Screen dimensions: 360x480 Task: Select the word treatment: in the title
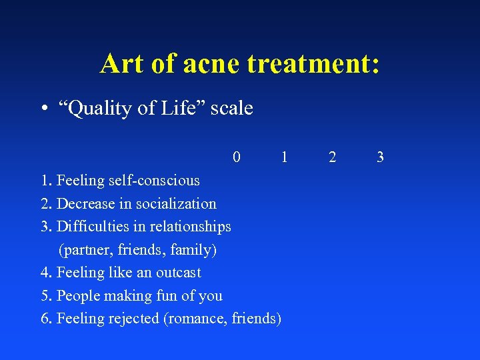(313, 64)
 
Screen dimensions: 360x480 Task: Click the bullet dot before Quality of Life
(43, 109)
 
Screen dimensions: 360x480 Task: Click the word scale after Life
(232, 108)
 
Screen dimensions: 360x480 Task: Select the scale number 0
(237, 157)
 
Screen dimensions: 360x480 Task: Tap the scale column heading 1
(285, 157)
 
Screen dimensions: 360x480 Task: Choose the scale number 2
(333, 157)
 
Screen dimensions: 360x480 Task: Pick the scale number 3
(380, 157)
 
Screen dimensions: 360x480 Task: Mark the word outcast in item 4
(178, 273)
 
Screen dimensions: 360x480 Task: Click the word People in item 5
(78, 296)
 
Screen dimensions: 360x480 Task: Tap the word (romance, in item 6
(195, 319)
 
